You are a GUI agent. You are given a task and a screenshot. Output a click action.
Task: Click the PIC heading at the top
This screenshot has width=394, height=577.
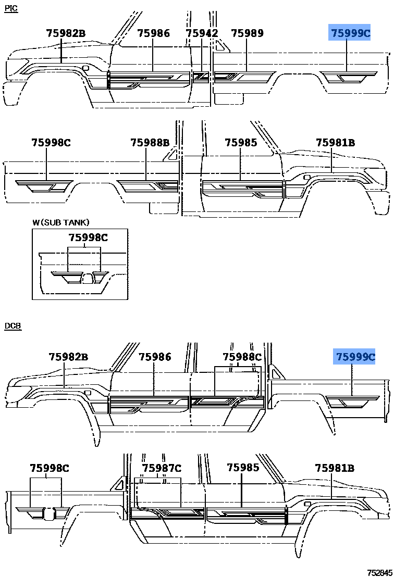pos(11,8)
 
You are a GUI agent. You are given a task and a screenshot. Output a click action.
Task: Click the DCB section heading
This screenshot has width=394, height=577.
pos(13,326)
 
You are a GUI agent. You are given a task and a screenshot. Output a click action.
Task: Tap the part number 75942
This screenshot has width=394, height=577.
pos(202,33)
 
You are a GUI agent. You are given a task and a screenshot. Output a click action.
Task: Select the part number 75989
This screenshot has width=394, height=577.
pos(247,33)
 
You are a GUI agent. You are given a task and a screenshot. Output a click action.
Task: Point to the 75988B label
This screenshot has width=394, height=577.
pos(150,142)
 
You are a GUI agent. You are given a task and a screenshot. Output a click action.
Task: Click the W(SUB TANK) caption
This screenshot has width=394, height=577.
pos(61,222)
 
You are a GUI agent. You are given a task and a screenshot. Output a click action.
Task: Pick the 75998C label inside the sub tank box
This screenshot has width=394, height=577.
pos(89,237)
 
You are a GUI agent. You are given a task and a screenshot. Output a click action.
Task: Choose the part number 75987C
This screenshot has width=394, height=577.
pos(162,468)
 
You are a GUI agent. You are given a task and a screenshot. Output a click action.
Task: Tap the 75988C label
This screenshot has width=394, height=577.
pos(242,357)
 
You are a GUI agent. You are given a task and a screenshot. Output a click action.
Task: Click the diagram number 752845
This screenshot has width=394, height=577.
pos(379,573)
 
